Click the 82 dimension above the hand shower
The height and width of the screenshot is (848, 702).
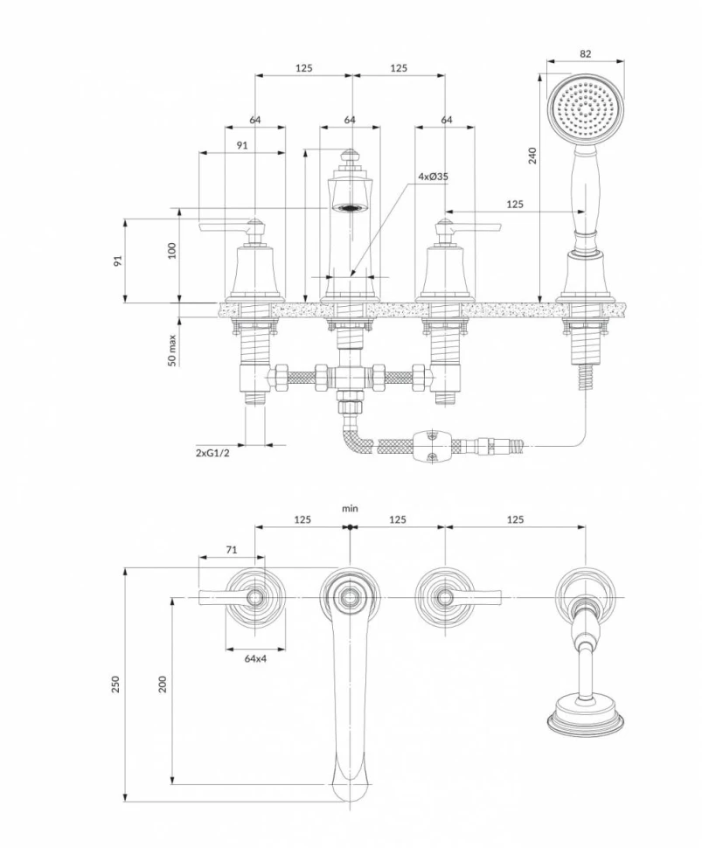point(585,53)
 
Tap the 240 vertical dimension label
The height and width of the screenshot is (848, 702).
point(532,155)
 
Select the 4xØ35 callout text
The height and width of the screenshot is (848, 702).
point(433,177)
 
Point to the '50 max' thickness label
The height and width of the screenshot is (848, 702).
point(172,350)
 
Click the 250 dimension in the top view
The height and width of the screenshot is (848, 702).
point(115,685)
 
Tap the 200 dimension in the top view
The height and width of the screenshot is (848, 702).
point(162,685)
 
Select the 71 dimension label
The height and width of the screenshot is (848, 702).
point(232,550)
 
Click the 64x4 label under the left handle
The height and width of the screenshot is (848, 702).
point(255,659)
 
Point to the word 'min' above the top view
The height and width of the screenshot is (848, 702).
point(350,508)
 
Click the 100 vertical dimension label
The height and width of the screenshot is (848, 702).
point(172,251)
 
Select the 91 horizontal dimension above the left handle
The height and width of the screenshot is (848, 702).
point(241,146)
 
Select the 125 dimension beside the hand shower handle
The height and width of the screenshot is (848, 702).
point(515,204)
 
